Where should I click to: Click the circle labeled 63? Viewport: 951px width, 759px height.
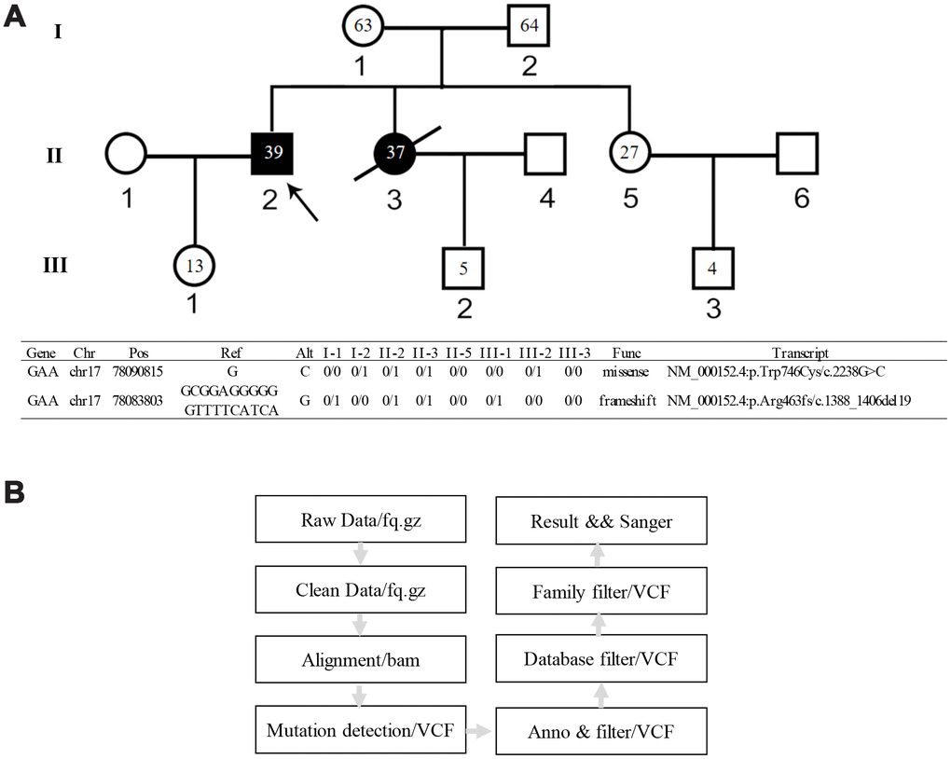coord(364,25)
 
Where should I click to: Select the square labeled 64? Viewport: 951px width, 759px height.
coord(529,25)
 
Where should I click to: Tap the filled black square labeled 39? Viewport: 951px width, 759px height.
coord(272,153)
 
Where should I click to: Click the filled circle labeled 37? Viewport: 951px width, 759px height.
coord(395,153)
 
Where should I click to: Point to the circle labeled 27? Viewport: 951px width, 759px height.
coord(630,153)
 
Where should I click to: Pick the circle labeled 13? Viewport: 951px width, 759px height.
coord(194,266)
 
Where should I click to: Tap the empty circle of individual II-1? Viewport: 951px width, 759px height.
coord(127,154)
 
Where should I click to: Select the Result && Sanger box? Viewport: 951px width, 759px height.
coord(600,521)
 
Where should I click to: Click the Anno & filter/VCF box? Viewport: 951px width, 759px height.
coord(600,731)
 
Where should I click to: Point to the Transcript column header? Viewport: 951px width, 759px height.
coord(801,354)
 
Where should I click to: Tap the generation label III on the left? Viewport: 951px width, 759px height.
coord(56,268)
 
